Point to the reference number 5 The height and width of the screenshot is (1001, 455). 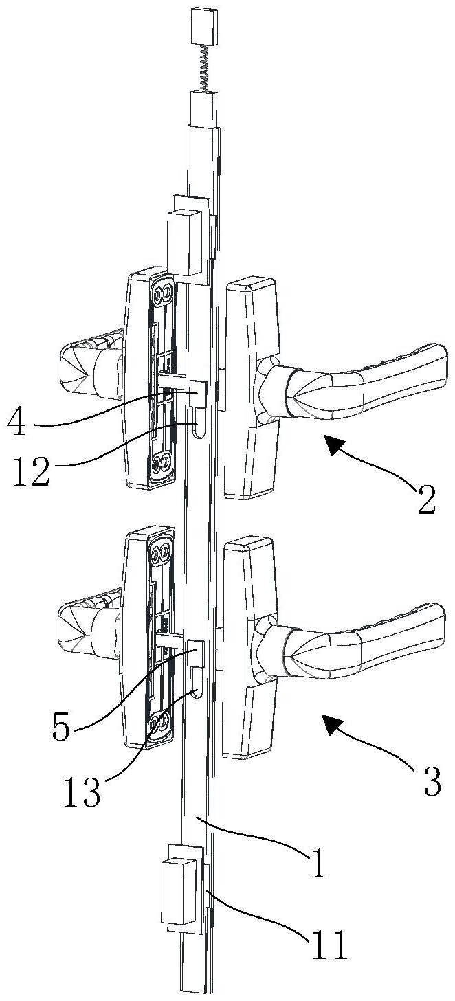point(60,728)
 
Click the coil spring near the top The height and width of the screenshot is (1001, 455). point(204,66)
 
